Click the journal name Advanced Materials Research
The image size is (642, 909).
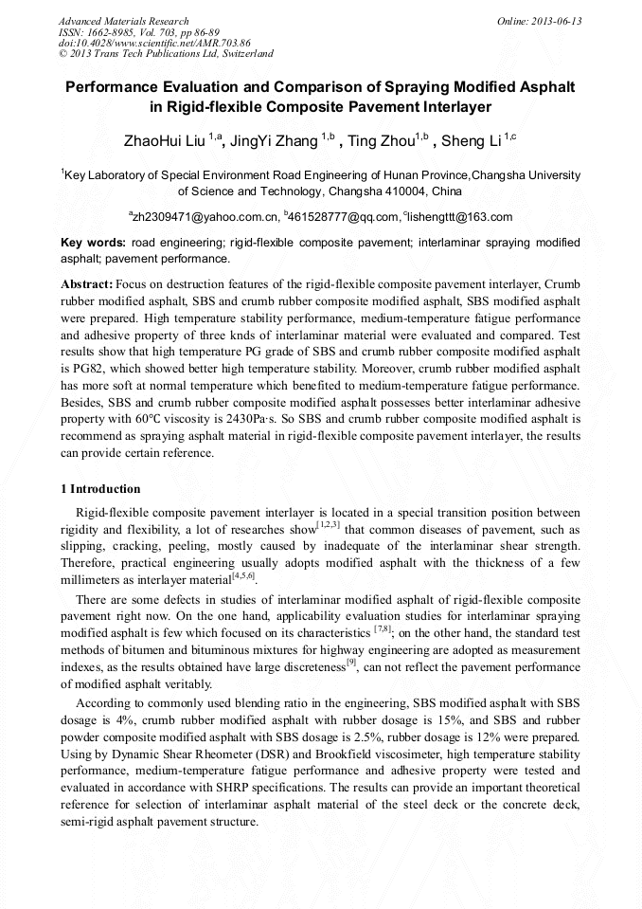[123, 21]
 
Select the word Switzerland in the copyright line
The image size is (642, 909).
[243, 54]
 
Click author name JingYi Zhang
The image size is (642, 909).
[273, 141]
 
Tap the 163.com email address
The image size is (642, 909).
[461, 217]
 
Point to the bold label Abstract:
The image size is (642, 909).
[87, 284]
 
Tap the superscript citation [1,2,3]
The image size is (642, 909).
[329, 525]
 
